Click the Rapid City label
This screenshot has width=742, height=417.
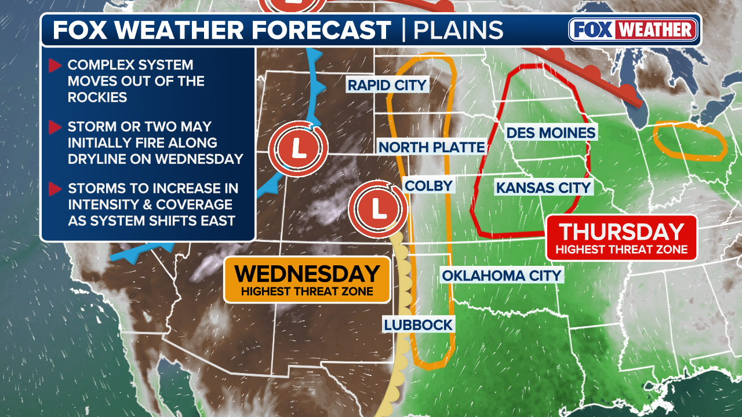387,85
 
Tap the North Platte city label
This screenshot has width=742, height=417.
431,147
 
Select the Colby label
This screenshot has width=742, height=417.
429,185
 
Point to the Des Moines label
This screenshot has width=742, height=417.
551,133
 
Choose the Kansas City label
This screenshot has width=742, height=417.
543,187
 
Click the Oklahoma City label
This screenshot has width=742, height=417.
502,275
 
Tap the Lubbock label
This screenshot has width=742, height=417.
418,324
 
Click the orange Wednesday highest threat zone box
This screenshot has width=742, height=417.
307,279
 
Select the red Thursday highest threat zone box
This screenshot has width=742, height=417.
621,237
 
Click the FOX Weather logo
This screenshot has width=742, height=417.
633,30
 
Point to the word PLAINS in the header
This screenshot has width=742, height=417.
460,30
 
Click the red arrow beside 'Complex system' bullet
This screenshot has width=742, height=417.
55,65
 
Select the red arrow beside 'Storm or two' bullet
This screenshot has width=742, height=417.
55,127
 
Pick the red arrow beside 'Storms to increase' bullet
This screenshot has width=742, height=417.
55,189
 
